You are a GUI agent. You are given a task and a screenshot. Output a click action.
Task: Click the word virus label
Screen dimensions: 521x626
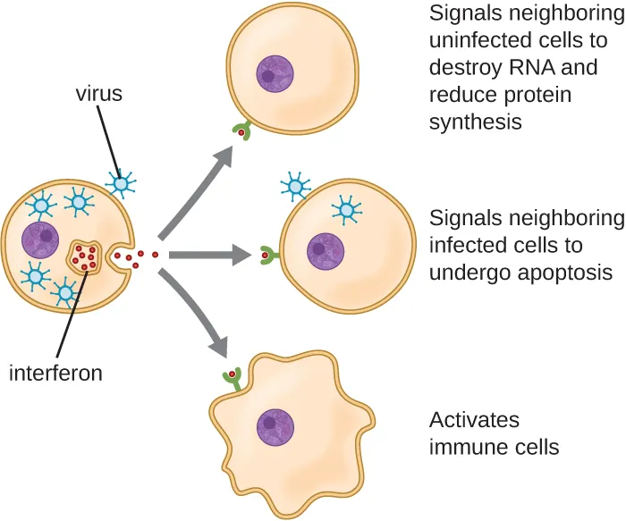click(x=98, y=94)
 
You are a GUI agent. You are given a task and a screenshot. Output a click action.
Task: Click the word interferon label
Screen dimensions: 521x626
click(x=55, y=373)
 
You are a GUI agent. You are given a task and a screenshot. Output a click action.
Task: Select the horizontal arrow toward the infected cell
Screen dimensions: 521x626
click(x=207, y=256)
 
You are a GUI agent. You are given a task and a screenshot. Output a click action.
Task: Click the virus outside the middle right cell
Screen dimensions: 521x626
click(x=294, y=187)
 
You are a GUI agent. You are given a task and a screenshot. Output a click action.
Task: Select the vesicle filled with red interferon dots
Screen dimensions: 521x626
click(x=87, y=257)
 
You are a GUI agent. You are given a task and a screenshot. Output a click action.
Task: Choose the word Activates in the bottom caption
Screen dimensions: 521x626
click(x=474, y=420)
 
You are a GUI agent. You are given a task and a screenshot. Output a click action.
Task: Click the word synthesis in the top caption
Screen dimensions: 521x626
click(x=476, y=122)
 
